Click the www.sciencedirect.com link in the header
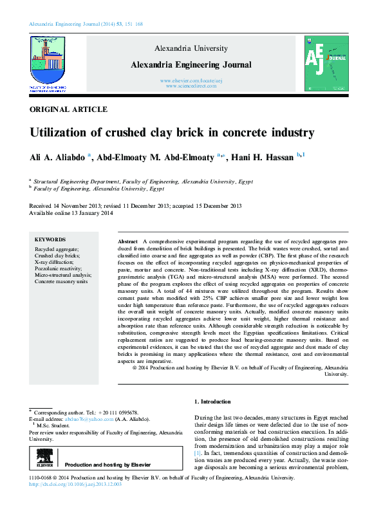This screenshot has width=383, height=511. click(x=191, y=86)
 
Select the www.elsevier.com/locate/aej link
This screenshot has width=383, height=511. click(x=191, y=80)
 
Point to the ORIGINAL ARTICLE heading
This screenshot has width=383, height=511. click(x=69, y=110)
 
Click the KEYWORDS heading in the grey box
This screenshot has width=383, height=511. click(x=50, y=239)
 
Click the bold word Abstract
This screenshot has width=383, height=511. click(x=127, y=239)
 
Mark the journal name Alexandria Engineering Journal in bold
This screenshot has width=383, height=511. click(x=191, y=64)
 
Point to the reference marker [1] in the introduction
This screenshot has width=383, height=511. click(x=198, y=454)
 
